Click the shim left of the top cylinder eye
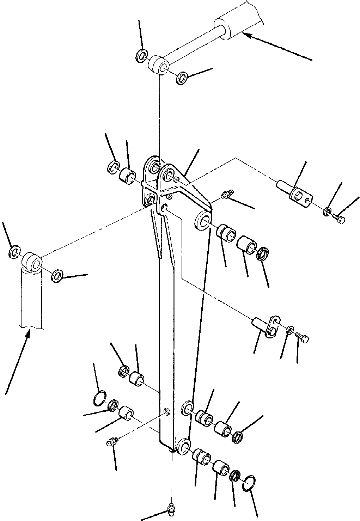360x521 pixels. [x=141, y=55]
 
